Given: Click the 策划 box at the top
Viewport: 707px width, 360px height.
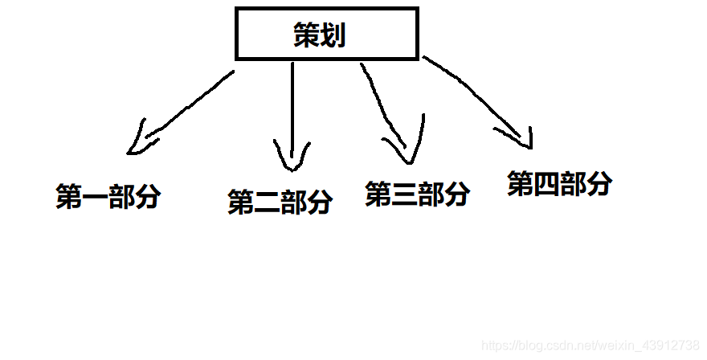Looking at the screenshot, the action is pos(326,34).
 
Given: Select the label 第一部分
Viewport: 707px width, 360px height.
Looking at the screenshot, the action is pos(108,197).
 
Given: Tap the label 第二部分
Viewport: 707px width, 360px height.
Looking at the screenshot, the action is pos(280,202).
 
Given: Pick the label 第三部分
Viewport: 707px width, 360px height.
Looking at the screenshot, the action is pos(417,194).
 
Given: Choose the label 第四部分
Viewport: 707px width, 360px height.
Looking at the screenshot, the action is pos(559,184).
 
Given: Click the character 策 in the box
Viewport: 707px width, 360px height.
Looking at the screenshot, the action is pos(307,35).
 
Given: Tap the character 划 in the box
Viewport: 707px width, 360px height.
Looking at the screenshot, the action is pos(333,35).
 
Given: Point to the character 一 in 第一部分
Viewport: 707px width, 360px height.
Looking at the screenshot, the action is pos(95,198).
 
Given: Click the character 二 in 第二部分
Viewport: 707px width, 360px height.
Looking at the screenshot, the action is pos(267,203).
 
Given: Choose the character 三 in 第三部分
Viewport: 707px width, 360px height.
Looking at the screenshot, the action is pos(404,194).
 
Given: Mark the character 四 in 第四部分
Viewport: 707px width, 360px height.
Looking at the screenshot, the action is pos(546,185).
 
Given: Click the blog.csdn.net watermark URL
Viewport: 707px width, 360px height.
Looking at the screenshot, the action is pos(590,344).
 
